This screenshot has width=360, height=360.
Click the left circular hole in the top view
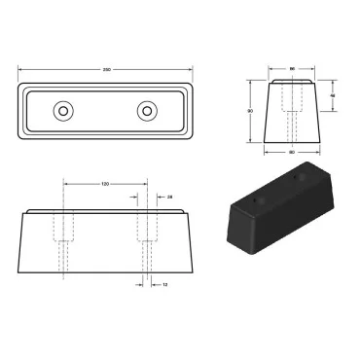point(64,110)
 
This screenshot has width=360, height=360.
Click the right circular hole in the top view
point(147,110)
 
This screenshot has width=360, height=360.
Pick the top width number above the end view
point(293,69)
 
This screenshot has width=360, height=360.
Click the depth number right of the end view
point(333,96)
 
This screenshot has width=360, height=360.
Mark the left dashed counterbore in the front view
point(63,226)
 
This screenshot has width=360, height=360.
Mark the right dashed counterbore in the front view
point(146,226)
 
